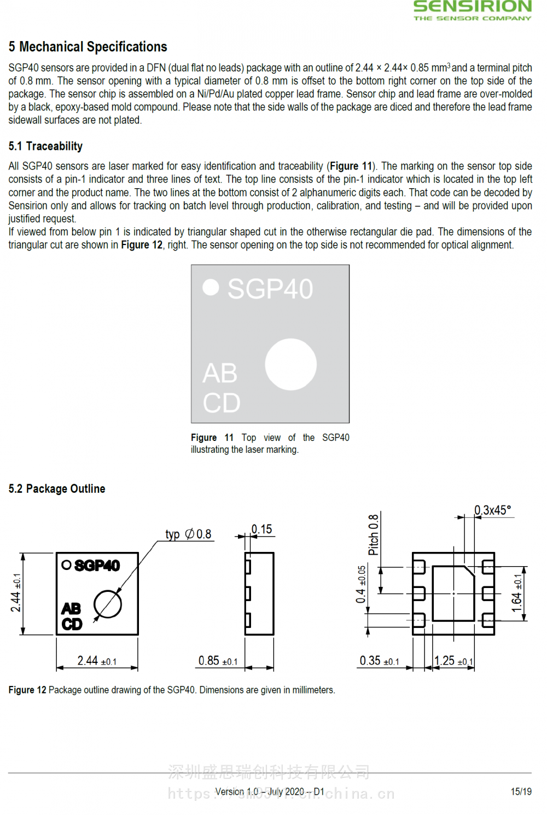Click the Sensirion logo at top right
[x=473, y=10]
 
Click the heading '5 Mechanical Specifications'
[x=88, y=46]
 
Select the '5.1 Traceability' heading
[x=45, y=146]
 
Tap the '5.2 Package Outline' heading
[x=57, y=488]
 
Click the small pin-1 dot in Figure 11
[x=211, y=287]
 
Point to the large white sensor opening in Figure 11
[x=291, y=364]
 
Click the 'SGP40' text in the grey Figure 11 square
[x=270, y=289]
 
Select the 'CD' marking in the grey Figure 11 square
[x=222, y=403]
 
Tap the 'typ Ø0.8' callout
[x=189, y=534]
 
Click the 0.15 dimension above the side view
[x=261, y=529]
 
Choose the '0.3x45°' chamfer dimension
[x=493, y=510]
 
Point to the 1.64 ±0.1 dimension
[x=517, y=593]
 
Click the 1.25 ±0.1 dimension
[x=453, y=660]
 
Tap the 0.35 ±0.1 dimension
[x=379, y=660]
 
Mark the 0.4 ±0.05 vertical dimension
[x=361, y=584]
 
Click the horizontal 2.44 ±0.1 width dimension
[x=97, y=660]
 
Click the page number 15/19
[x=521, y=791]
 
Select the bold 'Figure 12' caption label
[x=28, y=690]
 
